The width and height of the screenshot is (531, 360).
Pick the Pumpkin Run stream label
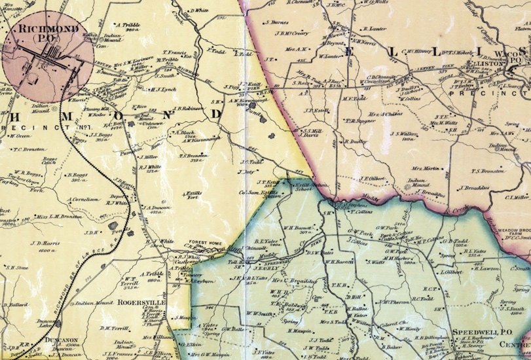tap(136, 150)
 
